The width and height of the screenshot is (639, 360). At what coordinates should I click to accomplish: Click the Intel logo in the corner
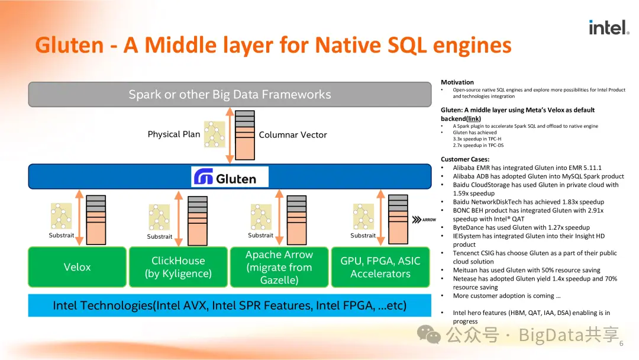(608, 27)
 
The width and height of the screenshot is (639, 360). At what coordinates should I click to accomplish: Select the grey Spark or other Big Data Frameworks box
(230, 94)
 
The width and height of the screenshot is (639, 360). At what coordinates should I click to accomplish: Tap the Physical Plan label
(174, 134)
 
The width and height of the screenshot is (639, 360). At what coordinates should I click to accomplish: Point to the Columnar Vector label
(293, 135)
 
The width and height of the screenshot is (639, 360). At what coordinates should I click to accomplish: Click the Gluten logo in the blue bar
(230, 177)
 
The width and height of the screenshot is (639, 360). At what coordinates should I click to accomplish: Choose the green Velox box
(77, 267)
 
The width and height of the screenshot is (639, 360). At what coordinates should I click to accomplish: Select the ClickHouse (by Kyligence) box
(178, 267)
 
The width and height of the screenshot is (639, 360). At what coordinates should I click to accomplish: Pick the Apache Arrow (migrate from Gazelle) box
(279, 267)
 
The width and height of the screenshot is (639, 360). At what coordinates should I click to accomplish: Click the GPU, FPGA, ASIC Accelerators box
(380, 267)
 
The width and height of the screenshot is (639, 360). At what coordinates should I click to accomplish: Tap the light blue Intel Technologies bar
(230, 306)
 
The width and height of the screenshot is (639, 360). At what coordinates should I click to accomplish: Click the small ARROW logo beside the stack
(425, 219)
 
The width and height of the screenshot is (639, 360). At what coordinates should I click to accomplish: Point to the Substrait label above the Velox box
(62, 236)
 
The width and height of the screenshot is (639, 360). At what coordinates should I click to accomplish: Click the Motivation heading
(457, 82)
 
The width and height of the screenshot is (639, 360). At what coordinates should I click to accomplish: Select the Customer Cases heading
(465, 159)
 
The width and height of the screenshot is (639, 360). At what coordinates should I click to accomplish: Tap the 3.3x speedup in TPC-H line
(477, 139)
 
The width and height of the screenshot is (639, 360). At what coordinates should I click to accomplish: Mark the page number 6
(621, 344)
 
